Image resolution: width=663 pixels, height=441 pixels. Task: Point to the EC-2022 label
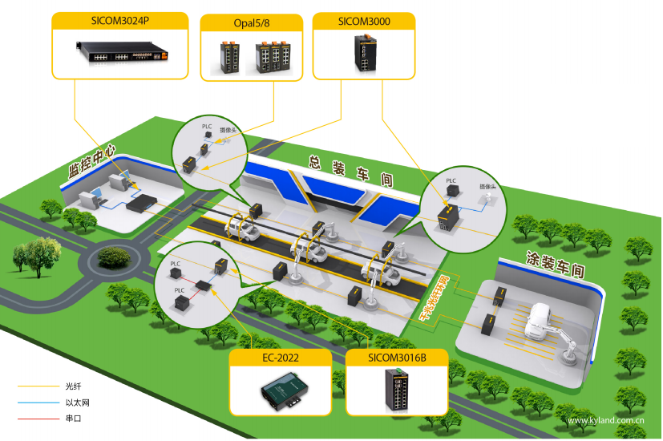[x=280, y=358]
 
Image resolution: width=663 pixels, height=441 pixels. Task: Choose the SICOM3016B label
[x=397, y=358]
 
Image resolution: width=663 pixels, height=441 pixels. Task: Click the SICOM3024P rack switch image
[x=119, y=52]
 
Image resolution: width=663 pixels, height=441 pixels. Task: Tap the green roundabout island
[x=111, y=258]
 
